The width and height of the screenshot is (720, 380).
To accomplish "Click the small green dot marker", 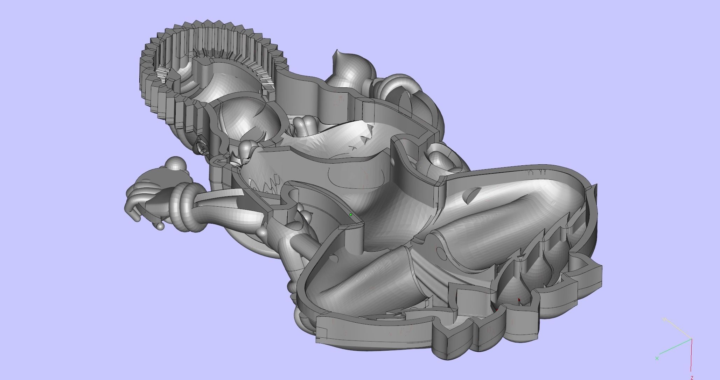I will point(350,215).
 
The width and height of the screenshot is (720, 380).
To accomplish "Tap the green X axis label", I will point(657,358).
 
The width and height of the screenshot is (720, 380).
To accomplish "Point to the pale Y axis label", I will point(664,319).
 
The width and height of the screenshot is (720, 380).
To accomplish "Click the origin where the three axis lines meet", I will point(691,339).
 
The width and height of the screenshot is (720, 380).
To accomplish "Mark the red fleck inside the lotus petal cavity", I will point(519,300).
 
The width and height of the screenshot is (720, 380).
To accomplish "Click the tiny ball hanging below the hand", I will point(160,227).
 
